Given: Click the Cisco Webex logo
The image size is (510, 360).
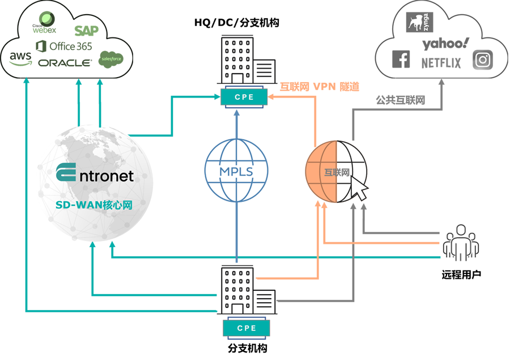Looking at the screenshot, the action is point(45,23).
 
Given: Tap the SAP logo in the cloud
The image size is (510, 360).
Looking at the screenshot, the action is point(86,31).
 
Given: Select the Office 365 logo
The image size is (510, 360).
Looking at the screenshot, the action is point(63,46).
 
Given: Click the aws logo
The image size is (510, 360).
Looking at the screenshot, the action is point(20,58).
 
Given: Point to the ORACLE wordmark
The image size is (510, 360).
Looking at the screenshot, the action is point(65,63).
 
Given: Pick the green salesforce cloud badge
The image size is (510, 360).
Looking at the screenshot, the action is point(111,59).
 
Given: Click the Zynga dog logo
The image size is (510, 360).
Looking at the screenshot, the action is point(419,22).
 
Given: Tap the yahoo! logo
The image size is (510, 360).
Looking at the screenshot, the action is point(445,44).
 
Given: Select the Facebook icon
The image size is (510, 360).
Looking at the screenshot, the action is point(401,59).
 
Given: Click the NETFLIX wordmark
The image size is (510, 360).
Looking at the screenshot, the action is point(441,63).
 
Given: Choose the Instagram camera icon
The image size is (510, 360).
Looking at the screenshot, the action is point(483,60).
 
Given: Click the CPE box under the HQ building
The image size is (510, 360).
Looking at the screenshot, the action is point(244,97).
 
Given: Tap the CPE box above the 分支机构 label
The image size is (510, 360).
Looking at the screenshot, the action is point(246,328).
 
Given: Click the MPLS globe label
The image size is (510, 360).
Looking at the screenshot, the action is point(236,172).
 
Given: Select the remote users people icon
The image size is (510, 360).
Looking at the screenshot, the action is point(461,243).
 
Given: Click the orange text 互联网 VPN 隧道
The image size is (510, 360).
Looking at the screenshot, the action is point(320,87).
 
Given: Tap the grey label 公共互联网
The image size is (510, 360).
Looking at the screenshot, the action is point(401,100).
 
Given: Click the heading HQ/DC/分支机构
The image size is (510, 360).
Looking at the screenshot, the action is point(236,23).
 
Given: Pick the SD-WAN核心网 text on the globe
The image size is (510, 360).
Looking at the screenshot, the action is point(94,205).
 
